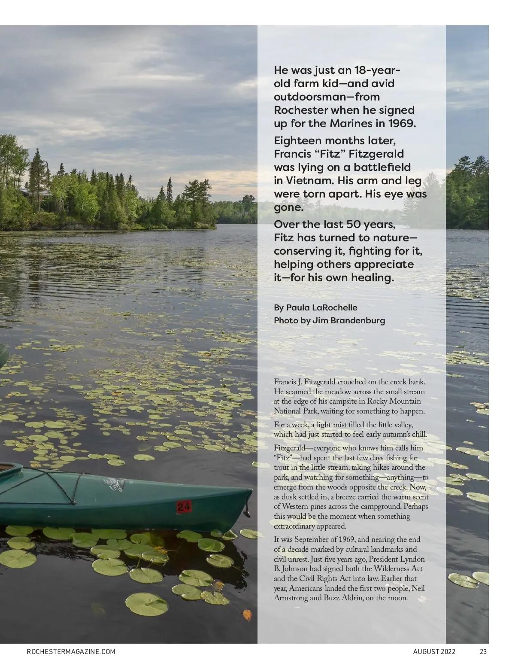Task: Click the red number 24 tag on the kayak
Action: point(184,507)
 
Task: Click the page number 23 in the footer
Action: point(483,651)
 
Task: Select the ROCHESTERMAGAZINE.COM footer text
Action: point(71,651)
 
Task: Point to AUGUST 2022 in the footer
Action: point(434,651)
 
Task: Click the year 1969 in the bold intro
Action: point(402,123)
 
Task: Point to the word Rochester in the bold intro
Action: point(300,110)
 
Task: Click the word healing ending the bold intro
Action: point(370,277)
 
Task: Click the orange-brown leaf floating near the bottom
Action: point(248,615)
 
